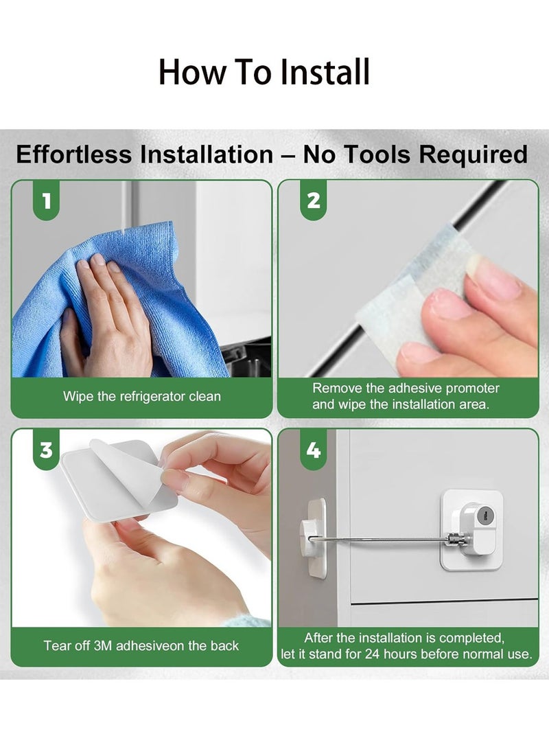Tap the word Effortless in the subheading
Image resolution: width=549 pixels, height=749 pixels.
(x=74, y=154)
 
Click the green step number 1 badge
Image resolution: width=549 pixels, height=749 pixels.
(x=46, y=200)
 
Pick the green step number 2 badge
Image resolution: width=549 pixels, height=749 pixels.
(x=313, y=200)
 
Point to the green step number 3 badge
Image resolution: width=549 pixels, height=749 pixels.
(x=46, y=450)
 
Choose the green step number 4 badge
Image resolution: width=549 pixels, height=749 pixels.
(x=313, y=450)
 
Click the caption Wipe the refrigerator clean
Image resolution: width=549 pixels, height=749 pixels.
(x=142, y=397)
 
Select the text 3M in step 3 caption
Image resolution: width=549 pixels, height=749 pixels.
(x=103, y=646)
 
